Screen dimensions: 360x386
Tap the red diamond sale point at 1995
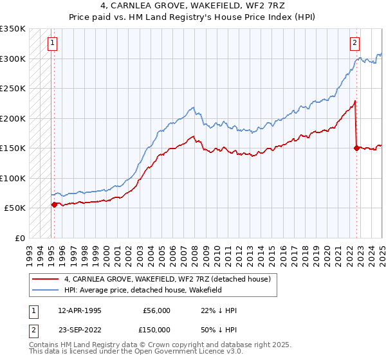point(54,204)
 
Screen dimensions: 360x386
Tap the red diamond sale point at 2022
point(356,148)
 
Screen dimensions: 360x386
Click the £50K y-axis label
point(15,208)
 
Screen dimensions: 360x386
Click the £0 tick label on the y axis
point(20,238)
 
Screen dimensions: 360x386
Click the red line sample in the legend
point(46,279)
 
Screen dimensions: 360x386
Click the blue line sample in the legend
point(46,291)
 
